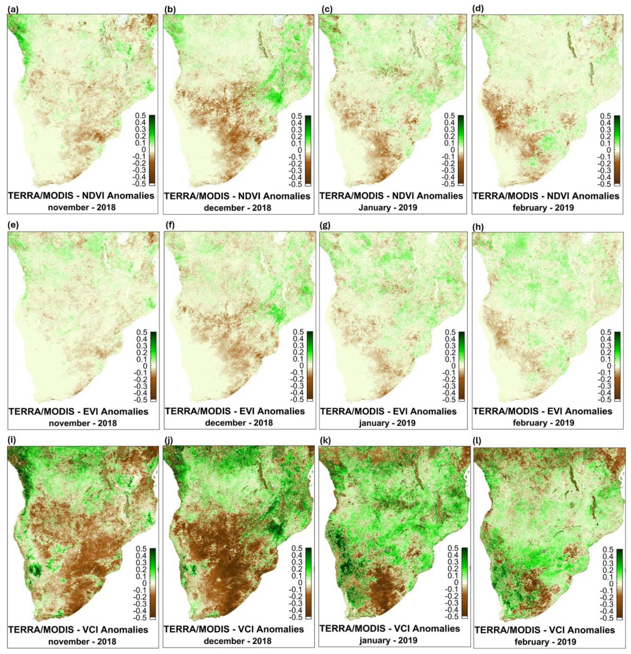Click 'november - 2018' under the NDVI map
82,207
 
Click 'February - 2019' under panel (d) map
546,207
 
